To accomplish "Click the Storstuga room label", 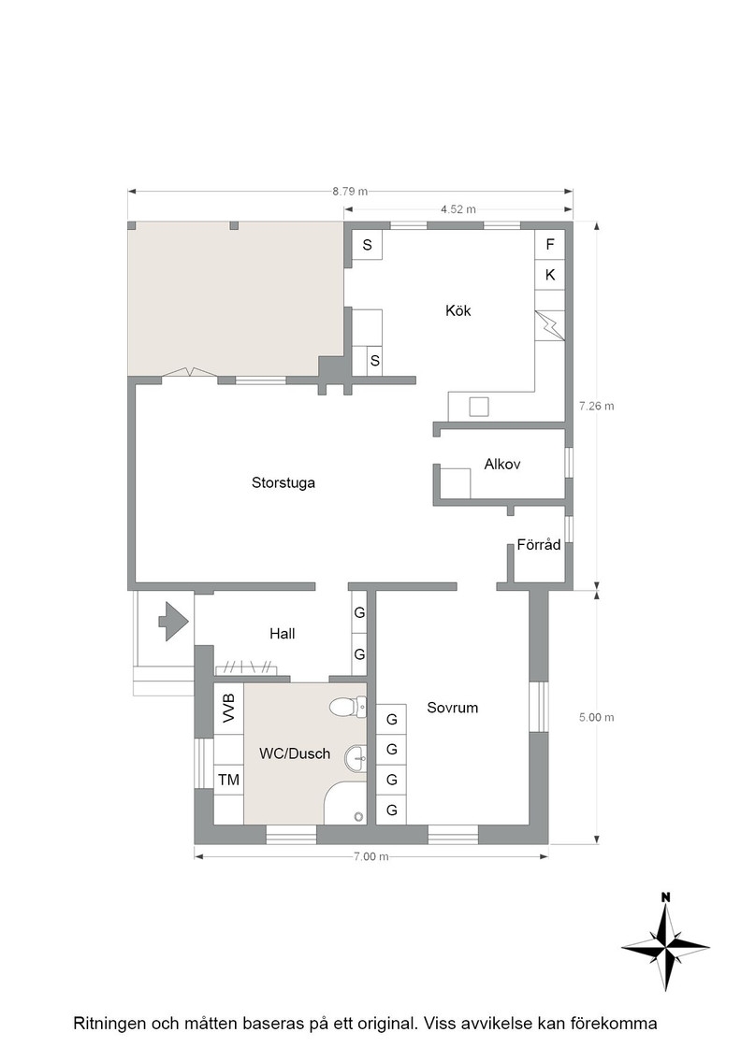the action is [283, 482].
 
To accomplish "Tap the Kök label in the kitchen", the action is [458, 310].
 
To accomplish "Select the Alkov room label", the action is [502, 464].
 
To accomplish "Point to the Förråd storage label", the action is [539, 545].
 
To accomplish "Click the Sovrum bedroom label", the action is [452, 708].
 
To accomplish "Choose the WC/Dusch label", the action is [295, 753].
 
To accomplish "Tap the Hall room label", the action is [282, 634].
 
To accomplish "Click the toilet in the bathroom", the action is [348, 707].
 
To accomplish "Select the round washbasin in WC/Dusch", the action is [356, 758].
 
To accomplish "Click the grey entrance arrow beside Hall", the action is [174, 622].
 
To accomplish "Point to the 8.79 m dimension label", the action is [350, 192].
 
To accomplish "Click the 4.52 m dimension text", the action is [458, 209].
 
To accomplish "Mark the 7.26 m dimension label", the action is [597, 406].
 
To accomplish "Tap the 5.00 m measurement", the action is [597, 718].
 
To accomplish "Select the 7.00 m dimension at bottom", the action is [370, 856].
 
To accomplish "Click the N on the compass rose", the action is [665, 898].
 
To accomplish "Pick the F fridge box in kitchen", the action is [550, 244].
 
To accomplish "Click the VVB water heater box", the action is [228, 709].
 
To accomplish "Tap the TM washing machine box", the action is [228, 780].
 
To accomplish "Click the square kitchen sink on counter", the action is [478, 407].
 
